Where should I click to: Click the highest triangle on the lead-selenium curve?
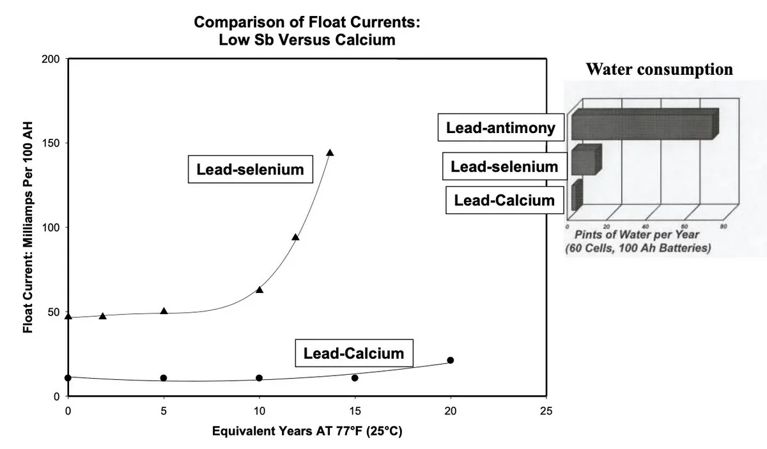330,152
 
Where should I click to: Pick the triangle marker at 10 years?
260,290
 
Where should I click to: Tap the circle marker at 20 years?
450,360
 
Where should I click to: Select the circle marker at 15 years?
355,378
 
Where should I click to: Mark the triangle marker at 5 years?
164,311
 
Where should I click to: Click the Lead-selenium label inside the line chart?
250,169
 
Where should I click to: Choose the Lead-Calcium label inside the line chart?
353,353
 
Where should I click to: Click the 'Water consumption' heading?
660,70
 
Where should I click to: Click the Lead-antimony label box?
500,128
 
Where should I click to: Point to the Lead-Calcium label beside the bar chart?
504,200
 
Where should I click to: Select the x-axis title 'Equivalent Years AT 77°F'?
307,431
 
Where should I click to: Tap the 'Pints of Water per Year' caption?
637,235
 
